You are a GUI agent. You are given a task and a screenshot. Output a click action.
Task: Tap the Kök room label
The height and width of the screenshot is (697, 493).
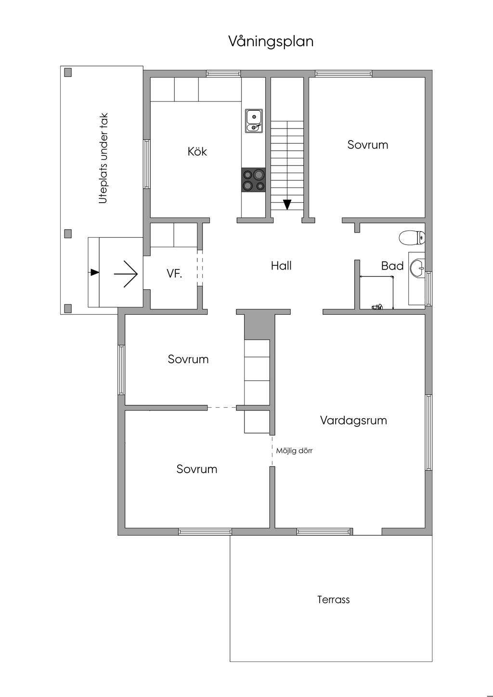tap(197, 152)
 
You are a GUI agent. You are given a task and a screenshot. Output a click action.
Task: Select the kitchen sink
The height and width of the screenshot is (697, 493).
tap(254, 121)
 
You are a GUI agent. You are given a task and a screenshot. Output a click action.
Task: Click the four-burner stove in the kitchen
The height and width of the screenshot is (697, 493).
tap(253, 180)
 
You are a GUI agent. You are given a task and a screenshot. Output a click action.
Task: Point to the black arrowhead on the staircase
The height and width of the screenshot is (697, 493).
tap(287, 205)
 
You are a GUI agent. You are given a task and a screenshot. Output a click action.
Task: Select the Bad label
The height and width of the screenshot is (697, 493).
tap(392, 266)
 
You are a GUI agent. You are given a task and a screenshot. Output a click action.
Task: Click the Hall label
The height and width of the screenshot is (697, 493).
tap(281, 266)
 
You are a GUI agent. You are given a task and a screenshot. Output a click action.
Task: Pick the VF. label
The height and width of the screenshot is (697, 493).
tap(174, 273)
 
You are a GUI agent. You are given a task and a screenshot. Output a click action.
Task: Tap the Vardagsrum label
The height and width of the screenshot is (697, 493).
tap(353, 420)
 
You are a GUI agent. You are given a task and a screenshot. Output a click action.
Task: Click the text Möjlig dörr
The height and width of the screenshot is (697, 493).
tap(294, 451)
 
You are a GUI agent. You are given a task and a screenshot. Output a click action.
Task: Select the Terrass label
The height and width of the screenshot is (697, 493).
tap(333, 600)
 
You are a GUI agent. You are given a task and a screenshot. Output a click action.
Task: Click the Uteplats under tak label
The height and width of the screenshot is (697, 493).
tap(103, 158)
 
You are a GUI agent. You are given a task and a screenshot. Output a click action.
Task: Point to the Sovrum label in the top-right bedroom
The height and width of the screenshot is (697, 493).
tap(367, 145)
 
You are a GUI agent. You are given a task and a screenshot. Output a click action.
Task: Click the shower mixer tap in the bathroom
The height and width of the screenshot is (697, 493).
tap(377, 307)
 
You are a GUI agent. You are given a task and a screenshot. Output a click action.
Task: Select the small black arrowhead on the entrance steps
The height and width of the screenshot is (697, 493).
tap(95, 272)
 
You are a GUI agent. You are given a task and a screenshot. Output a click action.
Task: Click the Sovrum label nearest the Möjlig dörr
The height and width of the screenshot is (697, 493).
tap(197, 469)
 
